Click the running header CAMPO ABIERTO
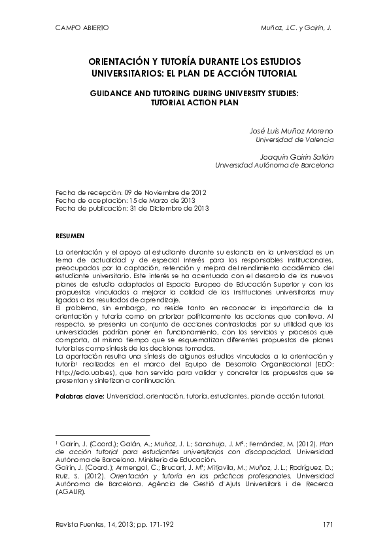(x=82, y=28)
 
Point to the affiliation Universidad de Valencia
(x=294, y=139)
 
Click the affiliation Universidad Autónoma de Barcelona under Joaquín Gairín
(x=275, y=166)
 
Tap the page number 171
(x=328, y=524)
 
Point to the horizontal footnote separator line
(x=103, y=435)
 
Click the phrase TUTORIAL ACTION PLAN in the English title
(x=194, y=103)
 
